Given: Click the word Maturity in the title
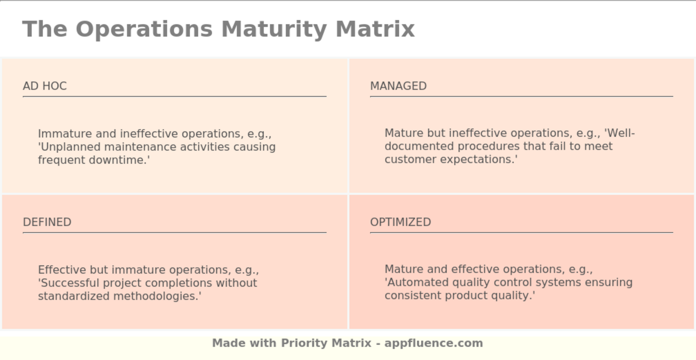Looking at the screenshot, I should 274,29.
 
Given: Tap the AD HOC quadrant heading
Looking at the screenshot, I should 45,86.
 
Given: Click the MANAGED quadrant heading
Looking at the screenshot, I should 398,86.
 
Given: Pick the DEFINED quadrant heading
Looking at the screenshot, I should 47,222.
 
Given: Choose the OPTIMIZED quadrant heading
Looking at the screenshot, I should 400,222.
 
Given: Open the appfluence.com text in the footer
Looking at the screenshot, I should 434,343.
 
